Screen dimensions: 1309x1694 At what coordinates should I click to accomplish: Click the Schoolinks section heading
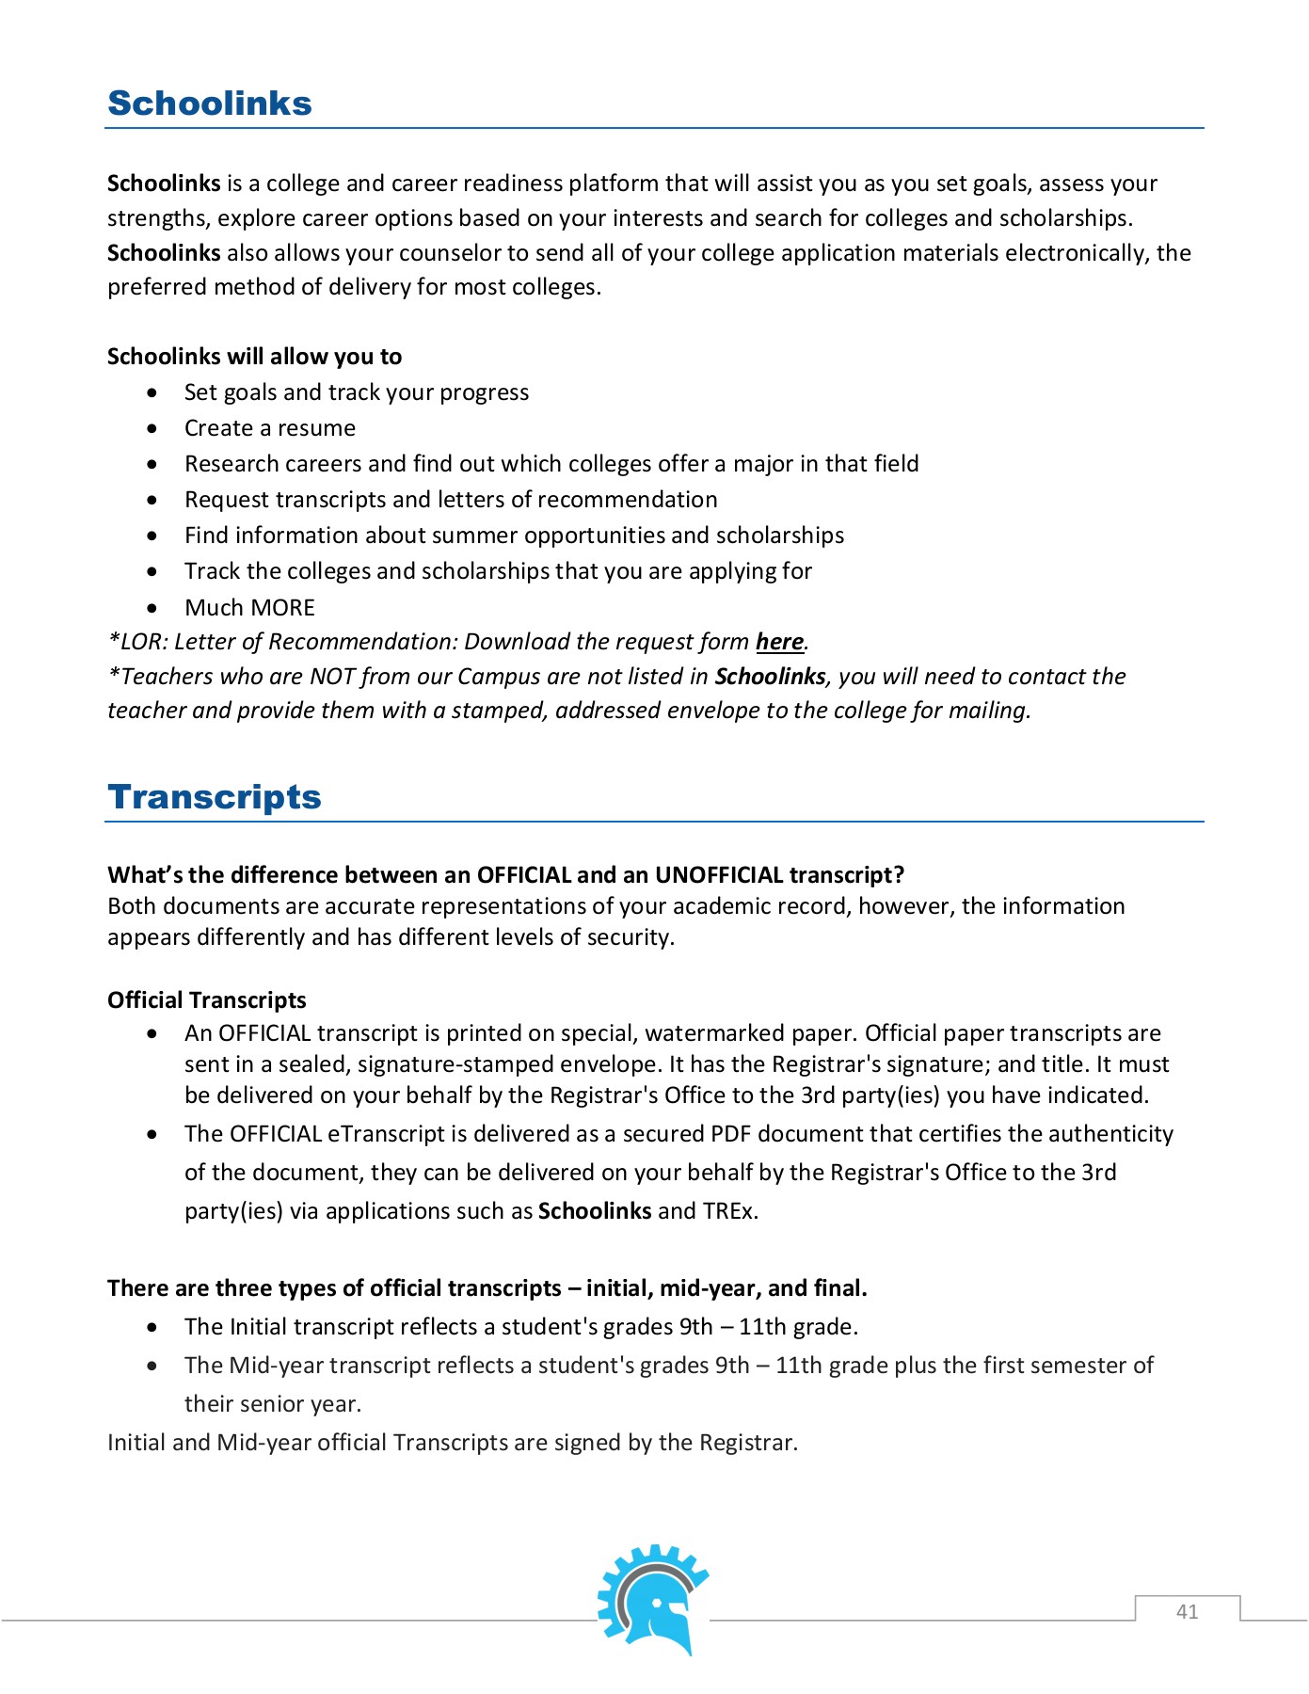(210, 104)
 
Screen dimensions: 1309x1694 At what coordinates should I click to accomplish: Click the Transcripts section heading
(215, 797)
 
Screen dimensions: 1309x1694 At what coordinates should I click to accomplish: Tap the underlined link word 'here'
(779, 642)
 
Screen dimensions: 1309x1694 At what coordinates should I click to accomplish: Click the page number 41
(1187, 1611)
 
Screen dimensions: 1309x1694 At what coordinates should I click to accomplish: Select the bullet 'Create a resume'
(270, 428)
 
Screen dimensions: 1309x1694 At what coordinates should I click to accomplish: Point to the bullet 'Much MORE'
(249, 608)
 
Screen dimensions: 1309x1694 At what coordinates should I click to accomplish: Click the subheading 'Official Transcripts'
(207, 1000)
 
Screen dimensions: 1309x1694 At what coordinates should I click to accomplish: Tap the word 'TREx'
(728, 1211)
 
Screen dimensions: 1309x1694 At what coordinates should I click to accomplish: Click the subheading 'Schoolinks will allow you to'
(254, 357)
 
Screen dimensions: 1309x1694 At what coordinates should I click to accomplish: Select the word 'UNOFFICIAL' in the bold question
(719, 875)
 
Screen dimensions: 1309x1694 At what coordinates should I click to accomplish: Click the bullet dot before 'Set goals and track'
(152, 392)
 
